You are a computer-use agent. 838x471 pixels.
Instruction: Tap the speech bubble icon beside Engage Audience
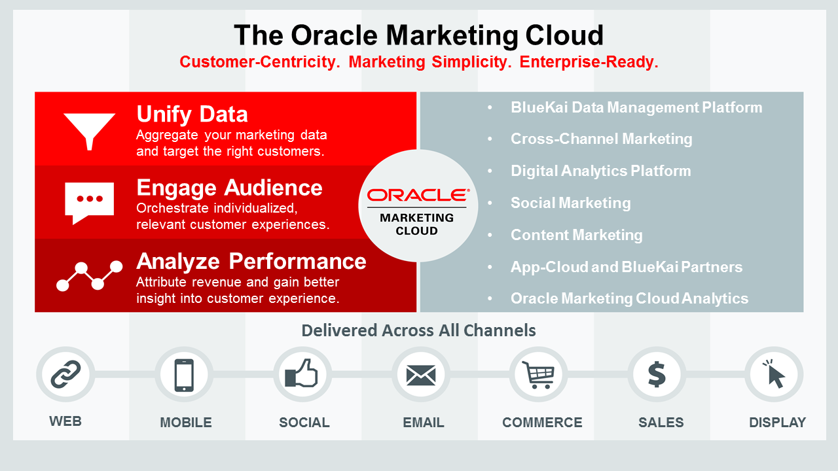[90, 203]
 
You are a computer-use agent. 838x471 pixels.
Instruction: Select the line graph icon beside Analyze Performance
[90, 276]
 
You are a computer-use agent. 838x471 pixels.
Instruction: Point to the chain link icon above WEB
[65, 374]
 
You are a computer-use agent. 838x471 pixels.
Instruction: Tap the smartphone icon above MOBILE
[184, 375]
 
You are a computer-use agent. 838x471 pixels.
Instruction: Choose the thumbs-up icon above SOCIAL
[301, 373]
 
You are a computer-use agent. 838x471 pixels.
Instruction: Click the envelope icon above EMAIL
[421, 375]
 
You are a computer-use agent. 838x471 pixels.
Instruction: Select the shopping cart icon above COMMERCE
[538, 375]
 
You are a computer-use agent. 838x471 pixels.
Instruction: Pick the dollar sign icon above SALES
[657, 375]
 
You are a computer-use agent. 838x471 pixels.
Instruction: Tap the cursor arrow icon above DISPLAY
[774, 374]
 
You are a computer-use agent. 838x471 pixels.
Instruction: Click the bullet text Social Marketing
[570, 203]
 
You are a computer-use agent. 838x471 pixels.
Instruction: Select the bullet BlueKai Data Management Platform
[636, 108]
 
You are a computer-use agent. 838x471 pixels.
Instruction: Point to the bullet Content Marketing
[577, 235]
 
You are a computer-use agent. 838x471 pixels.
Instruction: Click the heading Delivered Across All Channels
[418, 330]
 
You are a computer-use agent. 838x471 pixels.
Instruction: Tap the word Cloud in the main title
[564, 35]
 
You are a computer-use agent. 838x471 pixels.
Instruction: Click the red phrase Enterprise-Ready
[589, 61]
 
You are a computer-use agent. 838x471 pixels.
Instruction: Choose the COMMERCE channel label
[542, 423]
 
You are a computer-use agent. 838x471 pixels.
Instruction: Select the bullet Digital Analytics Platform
[601, 171]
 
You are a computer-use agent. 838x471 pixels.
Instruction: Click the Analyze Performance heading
[251, 261]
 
